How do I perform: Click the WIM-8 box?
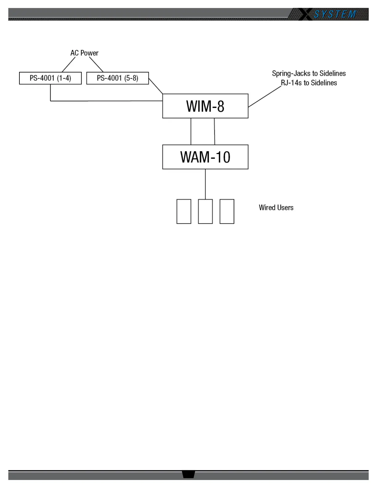(205, 106)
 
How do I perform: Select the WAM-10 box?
(205, 157)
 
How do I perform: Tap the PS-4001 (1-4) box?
(50, 78)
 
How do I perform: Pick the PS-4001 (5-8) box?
(117, 78)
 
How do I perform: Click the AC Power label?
(84, 53)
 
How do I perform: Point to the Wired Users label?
(276, 208)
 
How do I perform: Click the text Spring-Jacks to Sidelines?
(309, 73)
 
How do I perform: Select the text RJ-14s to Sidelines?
(309, 83)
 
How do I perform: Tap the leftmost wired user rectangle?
(184, 211)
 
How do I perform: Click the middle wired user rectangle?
(205, 211)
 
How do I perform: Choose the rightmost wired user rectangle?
(227, 211)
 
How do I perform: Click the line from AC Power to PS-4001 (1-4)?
(69, 65)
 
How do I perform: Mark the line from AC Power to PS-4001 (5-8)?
(96, 64)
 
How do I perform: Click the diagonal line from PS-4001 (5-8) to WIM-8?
(156, 86)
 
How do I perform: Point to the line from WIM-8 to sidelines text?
(265, 97)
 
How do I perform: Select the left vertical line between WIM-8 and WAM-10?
(191, 131)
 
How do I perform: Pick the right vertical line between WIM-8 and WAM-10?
(215, 131)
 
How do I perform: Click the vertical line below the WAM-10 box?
(205, 184)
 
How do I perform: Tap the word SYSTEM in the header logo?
(335, 14)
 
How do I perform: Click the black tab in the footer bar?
(188, 474)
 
